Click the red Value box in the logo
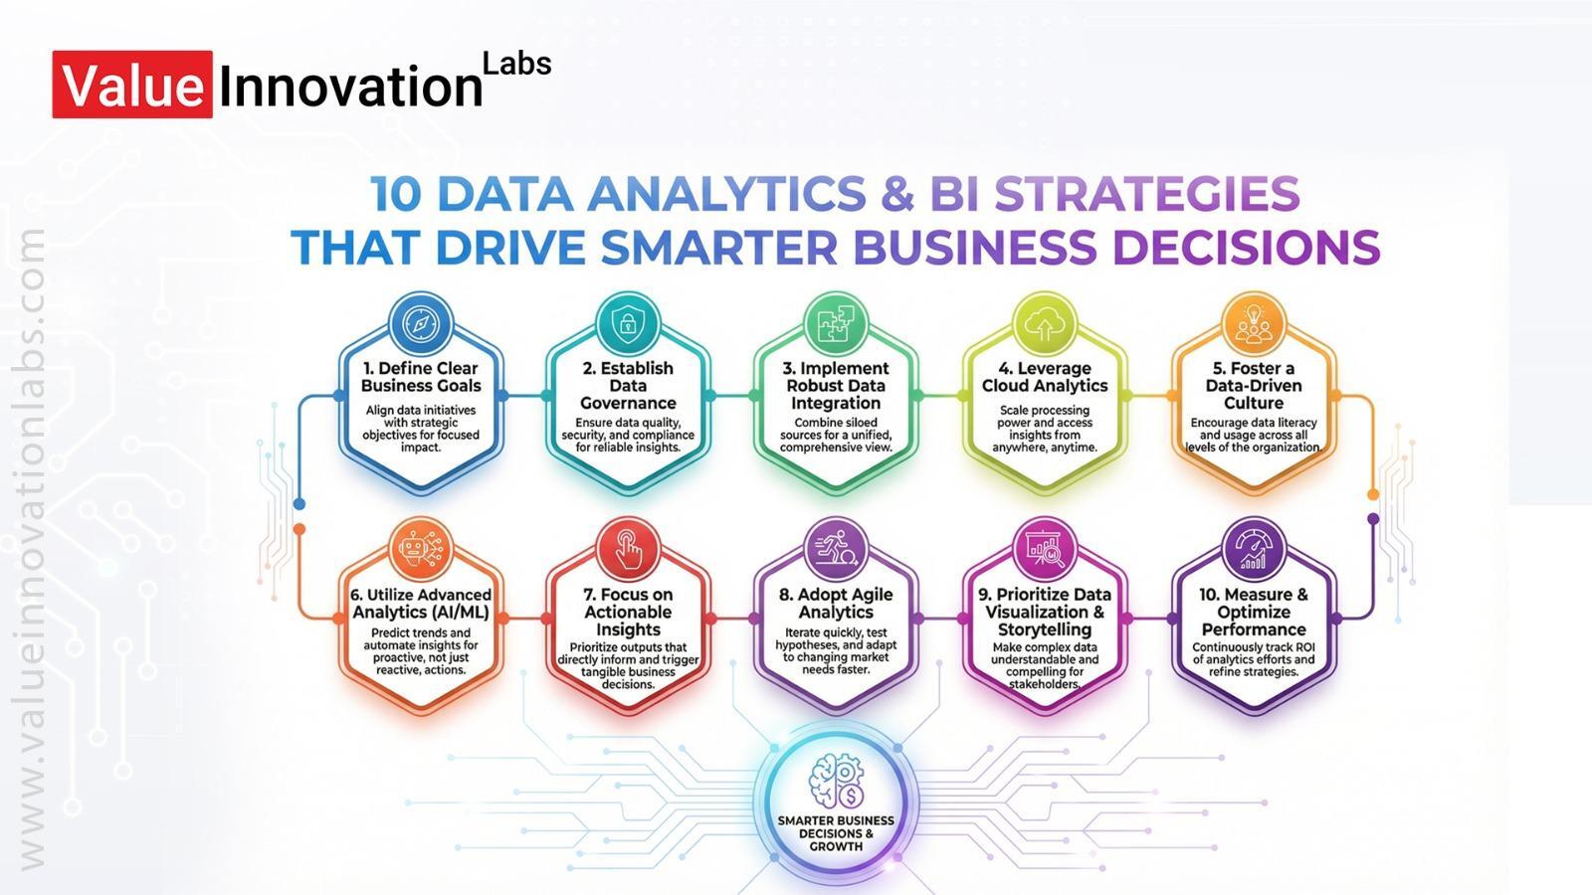point(132,84)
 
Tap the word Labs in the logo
point(516,64)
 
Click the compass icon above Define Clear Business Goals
point(421,325)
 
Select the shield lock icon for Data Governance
point(628,324)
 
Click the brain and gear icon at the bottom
point(836,782)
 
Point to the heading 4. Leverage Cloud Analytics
point(1045,377)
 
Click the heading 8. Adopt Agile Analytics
point(836,603)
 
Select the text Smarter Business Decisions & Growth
point(836,833)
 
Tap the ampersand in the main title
point(897,194)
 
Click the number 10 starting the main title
point(397,194)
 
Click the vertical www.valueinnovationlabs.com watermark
point(29,548)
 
